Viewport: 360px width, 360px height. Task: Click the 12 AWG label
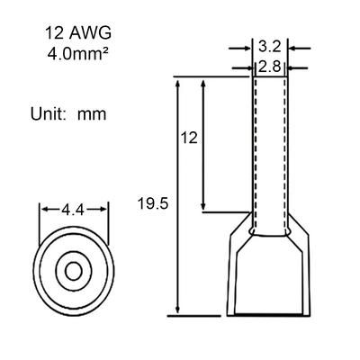pos(78,33)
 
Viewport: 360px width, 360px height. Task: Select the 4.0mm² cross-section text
pos(78,54)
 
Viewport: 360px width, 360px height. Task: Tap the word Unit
pos(48,114)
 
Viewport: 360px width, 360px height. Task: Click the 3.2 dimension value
pos(269,47)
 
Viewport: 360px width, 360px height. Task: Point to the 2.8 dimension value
pos(269,67)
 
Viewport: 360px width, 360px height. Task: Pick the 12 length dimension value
pos(189,138)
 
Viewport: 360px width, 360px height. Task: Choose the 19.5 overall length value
pos(153,203)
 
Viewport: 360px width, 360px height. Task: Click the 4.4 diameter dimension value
pos(73,210)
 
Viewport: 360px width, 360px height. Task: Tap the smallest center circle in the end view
pos(74,272)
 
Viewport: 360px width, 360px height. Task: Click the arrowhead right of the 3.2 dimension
pos(292,48)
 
